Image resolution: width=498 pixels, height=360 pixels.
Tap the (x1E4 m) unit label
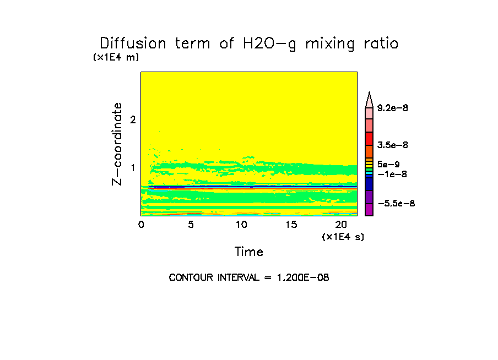tap(116, 57)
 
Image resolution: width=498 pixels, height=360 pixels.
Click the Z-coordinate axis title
tap(117, 144)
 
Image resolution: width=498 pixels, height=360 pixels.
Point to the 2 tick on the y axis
tap(132, 119)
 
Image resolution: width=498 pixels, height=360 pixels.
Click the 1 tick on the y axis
tap(132, 167)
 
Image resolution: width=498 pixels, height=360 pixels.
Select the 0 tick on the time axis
tap(141, 225)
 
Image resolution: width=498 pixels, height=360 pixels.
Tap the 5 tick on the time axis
tap(191, 225)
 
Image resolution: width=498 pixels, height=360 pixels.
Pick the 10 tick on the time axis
tap(241, 225)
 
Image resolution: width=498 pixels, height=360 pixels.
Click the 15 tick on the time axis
tap(291, 225)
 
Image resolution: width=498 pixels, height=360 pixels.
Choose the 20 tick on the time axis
tap(342, 225)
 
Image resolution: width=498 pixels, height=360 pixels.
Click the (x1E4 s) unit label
tap(343, 237)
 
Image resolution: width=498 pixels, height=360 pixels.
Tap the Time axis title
tap(249, 252)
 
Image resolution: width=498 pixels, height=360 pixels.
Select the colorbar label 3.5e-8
tap(393, 145)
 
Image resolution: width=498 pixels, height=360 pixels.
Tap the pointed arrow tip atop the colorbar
tap(369, 96)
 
